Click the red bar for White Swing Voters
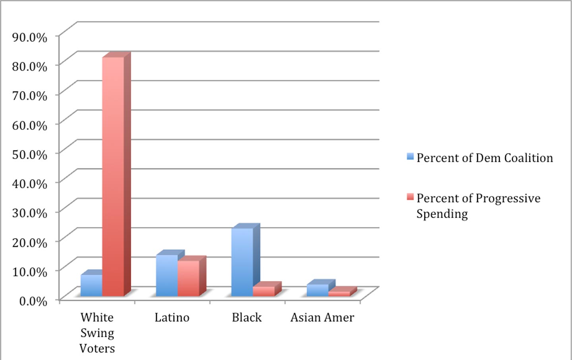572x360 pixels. (113, 177)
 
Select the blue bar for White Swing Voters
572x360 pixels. (91, 285)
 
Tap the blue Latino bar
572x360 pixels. (167, 275)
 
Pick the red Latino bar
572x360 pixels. (188, 278)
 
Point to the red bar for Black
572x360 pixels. (264, 291)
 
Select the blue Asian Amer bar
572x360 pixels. (317, 290)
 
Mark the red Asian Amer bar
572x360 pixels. (339, 294)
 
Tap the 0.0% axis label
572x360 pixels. (33, 300)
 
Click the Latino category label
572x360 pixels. (172, 318)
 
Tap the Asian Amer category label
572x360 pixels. (322, 318)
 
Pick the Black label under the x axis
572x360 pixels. (247, 318)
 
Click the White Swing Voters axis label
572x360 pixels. (97, 333)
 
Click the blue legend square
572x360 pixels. (410, 157)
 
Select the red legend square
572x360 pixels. (410, 197)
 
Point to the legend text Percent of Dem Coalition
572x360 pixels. (485, 158)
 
